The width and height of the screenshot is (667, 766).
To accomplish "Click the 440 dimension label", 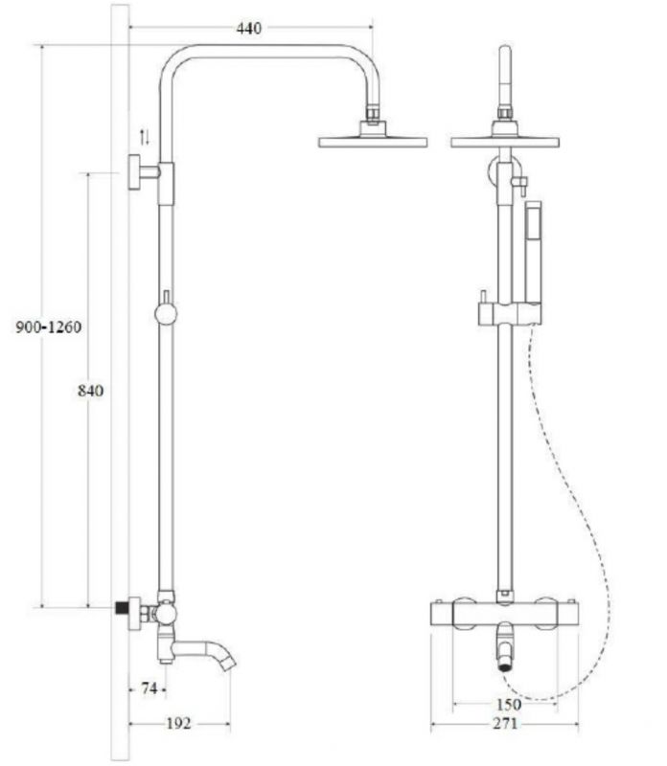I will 249,29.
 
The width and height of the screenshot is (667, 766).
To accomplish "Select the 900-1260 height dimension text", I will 49,327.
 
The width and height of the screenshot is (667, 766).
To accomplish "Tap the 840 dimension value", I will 89,390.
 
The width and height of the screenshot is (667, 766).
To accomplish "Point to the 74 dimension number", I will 148,687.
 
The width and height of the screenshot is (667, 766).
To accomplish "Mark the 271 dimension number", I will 506,724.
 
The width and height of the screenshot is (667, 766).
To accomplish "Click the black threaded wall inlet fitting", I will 122,608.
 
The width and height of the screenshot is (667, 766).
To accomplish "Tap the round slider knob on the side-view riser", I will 165,313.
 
